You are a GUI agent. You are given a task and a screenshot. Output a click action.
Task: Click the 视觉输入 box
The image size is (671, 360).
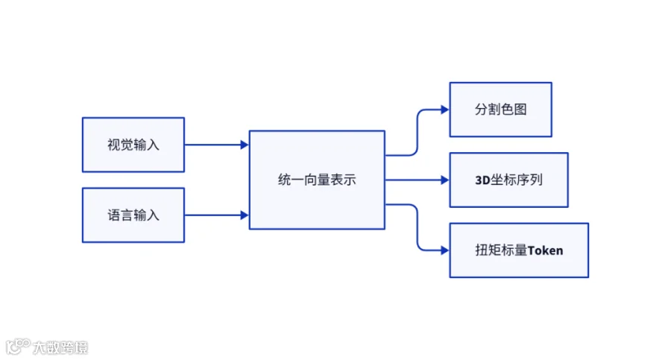(x=133, y=145)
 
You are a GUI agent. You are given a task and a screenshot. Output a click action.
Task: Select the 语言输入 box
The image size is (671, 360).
(x=133, y=215)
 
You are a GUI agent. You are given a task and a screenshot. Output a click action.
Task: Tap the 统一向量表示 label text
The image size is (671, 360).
(x=317, y=180)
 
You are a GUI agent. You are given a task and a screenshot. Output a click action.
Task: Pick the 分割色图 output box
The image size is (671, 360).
(x=501, y=110)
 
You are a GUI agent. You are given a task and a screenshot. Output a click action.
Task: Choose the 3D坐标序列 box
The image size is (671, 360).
(x=508, y=180)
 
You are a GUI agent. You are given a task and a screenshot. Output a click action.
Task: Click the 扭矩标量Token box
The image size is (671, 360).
(x=519, y=250)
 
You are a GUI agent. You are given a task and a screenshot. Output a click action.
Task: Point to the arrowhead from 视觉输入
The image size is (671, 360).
(x=245, y=145)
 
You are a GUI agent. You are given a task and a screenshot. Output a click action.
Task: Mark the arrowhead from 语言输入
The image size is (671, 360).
(x=245, y=215)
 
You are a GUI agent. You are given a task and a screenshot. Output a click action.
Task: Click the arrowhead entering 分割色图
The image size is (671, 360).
(x=444, y=110)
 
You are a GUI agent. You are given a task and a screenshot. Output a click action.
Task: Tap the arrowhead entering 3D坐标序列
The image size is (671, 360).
(x=444, y=180)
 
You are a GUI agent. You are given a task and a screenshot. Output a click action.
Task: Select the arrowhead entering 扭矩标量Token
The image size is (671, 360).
(x=444, y=250)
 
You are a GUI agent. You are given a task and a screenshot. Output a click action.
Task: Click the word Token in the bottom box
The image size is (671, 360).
(x=545, y=250)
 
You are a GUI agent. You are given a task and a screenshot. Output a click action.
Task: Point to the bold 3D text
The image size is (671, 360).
(x=482, y=180)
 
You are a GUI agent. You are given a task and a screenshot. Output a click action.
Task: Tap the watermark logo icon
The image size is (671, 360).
(x=18, y=347)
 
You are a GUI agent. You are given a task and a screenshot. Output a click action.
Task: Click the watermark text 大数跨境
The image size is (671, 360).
(x=60, y=347)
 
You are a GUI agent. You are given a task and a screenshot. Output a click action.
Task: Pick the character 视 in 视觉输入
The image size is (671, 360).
(x=113, y=145)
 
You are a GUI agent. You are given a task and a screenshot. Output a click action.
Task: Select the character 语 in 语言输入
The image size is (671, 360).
(x=113, y=215)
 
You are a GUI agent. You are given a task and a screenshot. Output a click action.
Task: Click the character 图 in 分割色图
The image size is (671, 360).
(x=520, y=110)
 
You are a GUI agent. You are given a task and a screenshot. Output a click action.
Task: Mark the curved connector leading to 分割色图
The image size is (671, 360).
(x=418, y=133)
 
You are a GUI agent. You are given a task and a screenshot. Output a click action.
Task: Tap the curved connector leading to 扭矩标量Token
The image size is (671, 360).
(x=418, y=227)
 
